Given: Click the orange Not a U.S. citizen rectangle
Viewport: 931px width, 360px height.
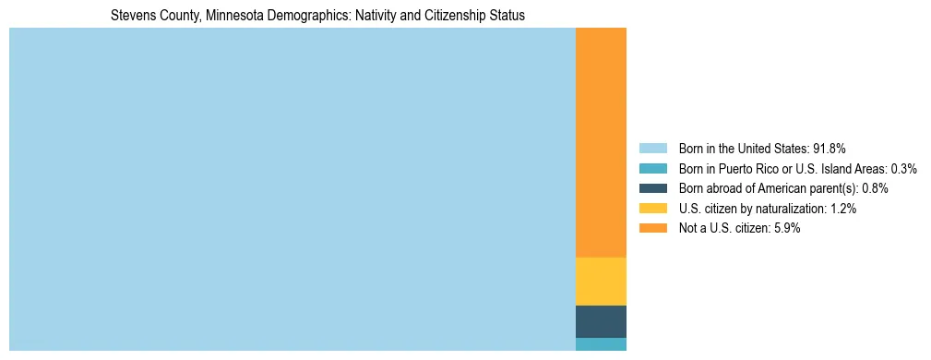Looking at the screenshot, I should tap(601, 142).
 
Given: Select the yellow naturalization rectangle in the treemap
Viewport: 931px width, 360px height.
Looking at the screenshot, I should tap(601, 281).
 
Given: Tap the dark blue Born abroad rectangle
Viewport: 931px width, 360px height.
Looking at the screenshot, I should tap(601, 321).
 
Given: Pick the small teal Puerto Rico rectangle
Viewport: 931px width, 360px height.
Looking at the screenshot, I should tap(601, 344).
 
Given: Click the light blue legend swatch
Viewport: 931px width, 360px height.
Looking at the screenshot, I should tap(652, 149).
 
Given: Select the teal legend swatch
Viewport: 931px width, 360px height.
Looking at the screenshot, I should tap(652, 169).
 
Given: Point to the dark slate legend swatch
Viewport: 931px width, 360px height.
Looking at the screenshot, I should tap(652, 188).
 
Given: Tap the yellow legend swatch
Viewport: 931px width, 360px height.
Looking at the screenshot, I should tap(652, 209).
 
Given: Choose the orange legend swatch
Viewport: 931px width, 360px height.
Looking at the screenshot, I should tap(652, 228).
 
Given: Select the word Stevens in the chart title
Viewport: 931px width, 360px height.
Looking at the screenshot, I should tap(130, 16).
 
